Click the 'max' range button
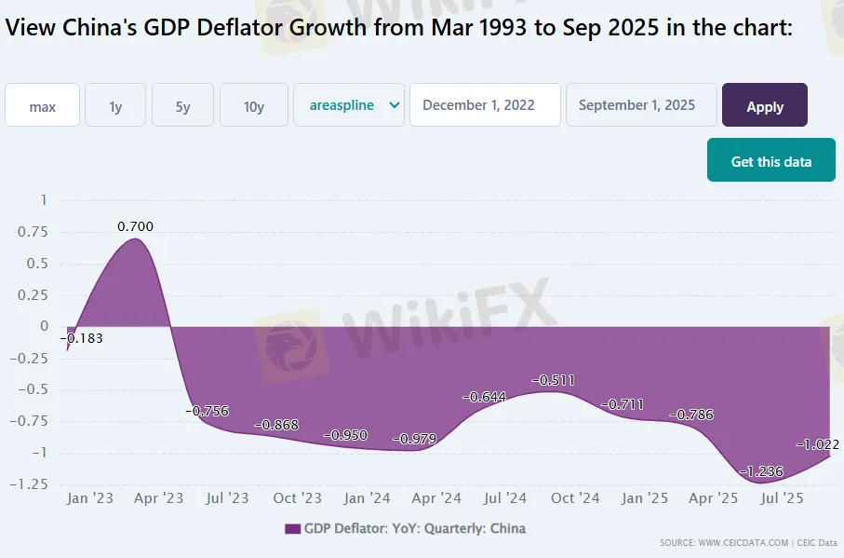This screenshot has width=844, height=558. pyautogui.click(x=42, y=105)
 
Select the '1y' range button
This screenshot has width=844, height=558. pyautogui.click(x=115, y=105)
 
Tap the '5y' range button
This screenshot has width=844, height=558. pyautogui.click(x=182, y=105)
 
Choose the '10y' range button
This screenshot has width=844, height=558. pyautogui.click(x=253, y=105)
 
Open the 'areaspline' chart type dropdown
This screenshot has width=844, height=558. pyautogui.click(x=349, y=105)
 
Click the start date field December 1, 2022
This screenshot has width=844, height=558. pyautogui.click(x=485, y=105)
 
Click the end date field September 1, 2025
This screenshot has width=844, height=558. pyautogui.click(x=641, y=105)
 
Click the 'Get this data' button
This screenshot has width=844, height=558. pyautogui.click(x=770, y=161)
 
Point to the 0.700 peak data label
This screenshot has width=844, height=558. pyautogui.click(x=135, y=226)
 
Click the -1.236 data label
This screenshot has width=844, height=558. pyautogui.click(x=760, y=472)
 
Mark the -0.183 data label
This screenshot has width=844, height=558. pyautogui.click(x=82, y=339)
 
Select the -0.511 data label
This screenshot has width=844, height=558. pyautogui.click(x=553, y=381)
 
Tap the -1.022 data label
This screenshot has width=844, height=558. pyautogui.click(x=819, y=444)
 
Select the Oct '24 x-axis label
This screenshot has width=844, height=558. pyautogui.click(x=575, y=498)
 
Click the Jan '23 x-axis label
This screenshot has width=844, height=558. pyautogui.click(x=90, y=498)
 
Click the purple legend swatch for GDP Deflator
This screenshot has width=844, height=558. pyautogui.click(x=292, y=529)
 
